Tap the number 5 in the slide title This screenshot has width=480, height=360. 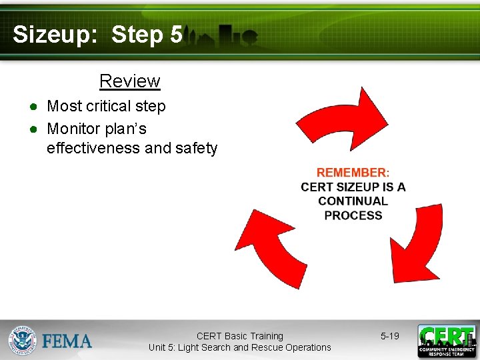coord(176,35)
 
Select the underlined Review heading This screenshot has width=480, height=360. coord(129,81)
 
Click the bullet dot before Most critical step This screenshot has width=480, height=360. coord(32,107)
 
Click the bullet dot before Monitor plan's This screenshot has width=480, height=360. coord(32,129)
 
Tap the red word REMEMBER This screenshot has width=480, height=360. coord(351,173)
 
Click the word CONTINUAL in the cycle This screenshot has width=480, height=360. coord(353,201)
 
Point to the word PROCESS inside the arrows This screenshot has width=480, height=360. coord(353,215)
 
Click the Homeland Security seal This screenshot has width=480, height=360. coord(22,340)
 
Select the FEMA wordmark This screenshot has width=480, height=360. coord(67,341)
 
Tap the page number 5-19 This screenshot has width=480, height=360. coord(390,336)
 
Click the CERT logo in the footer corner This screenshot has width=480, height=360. coord(447,341)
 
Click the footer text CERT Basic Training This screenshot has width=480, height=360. coord(239,336)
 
